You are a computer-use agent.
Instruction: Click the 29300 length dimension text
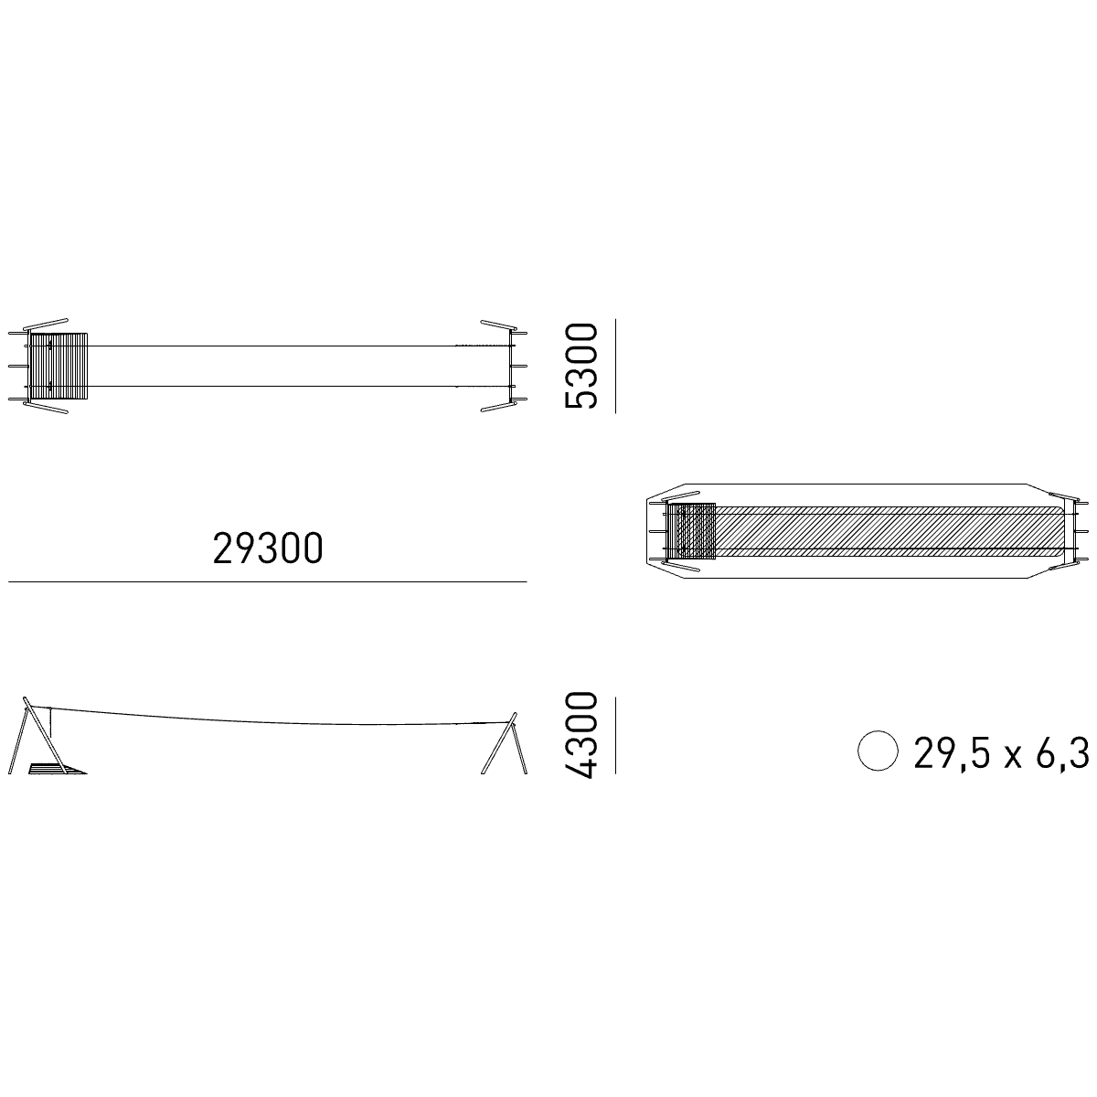click(268, 548)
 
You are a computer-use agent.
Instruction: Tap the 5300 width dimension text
click(580, 366)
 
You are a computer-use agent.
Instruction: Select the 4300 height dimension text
click(580, 735)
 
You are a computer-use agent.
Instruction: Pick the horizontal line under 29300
click(268, 581)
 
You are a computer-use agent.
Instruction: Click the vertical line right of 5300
click(615, 366)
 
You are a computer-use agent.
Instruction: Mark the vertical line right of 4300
click(615, 735)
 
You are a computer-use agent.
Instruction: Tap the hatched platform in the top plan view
click(59, 366)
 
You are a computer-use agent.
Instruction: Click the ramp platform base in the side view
click(57, 769)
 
